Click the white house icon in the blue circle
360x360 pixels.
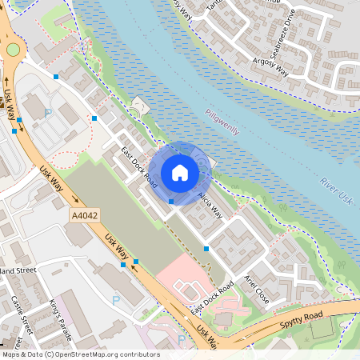(x=180, y=173)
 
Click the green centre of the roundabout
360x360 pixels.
(x=13, y=50)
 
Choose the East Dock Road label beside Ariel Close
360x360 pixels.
(x=211, y=298)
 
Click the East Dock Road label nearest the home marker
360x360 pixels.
(x=138, y=165)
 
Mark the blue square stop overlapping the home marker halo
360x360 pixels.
(x=171, y=201)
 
